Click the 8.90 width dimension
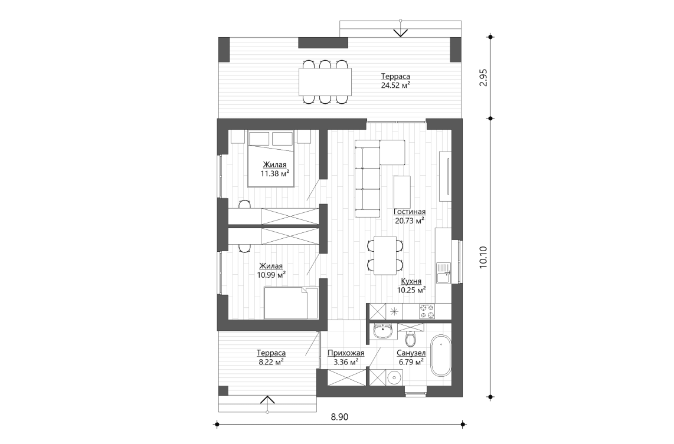339,417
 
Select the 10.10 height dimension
484,258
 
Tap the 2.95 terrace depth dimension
484,78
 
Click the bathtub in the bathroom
440,356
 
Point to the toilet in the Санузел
411,340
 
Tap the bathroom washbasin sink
384,331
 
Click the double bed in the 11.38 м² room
271,158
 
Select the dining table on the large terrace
325,81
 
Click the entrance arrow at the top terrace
401,30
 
